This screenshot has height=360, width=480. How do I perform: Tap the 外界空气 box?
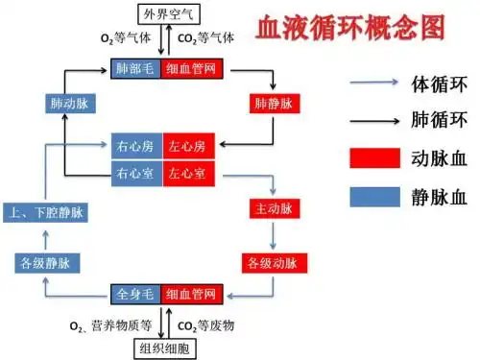click(x=169, y=13)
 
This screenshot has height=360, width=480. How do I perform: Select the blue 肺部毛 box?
click(x=136, y=69)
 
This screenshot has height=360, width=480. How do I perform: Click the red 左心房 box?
click(x=187, y=146)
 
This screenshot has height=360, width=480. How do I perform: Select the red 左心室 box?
click(x=187, y=173)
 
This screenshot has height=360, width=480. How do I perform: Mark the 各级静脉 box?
click(x=46, y=262)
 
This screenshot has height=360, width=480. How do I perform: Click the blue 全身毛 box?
click(x=136, y=293)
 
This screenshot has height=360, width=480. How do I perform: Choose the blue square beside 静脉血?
click(x=373, y=197)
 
